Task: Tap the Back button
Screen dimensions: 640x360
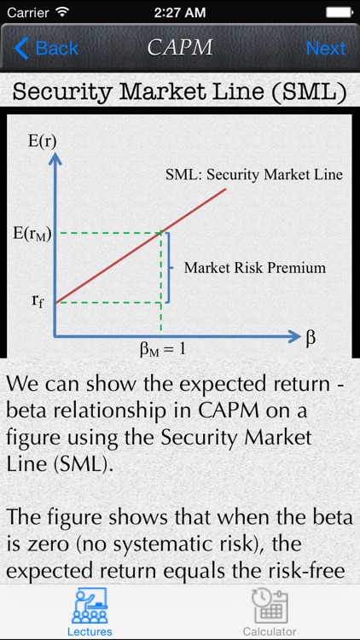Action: tap(46, 48)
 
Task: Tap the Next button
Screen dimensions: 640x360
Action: tap(325, 48)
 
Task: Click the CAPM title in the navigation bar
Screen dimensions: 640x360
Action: tap(179, 48)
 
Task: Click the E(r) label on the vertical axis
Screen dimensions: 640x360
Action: tap(43, 139)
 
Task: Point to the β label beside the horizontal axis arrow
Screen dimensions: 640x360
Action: tap(311, 336)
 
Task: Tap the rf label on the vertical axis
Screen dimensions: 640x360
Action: tap(37, 300)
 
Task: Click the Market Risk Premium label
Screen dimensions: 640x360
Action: tap(255, 267)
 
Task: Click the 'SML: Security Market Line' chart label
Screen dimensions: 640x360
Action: tap(254, 174)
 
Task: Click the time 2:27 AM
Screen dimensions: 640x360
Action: tap(179, 13)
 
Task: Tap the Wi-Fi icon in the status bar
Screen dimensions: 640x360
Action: tap(61, 13)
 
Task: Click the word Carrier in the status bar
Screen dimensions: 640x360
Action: tap(26, 13)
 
